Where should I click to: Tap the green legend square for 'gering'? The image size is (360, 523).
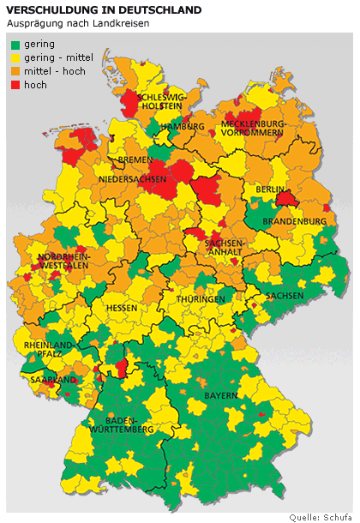15,44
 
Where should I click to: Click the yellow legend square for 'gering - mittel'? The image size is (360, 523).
15,57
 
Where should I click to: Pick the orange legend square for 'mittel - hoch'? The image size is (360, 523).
15,71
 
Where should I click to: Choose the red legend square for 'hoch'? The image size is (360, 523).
15,85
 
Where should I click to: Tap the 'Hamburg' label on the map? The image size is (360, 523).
182,126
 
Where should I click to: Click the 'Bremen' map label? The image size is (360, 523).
135,160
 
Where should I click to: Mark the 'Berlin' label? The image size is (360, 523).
269,189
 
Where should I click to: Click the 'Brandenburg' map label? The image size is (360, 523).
300,221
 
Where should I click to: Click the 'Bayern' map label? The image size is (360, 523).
222,396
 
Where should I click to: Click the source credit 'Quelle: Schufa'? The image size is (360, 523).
321,516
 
